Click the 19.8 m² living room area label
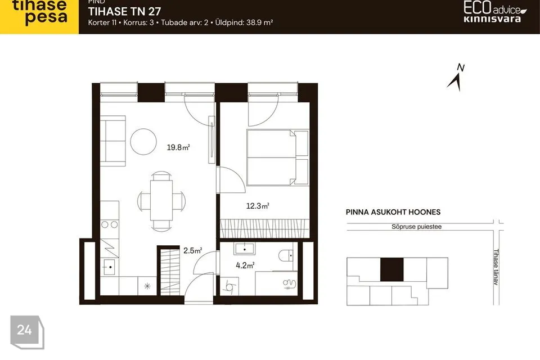tap(178, 147)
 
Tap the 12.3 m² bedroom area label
tap(258, 206)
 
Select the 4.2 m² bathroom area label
tap(245, 265)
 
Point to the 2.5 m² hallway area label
tap(192, 250)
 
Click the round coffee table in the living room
tap(143, 142)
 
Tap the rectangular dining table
tap(161, 200)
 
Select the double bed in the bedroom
tap(277, 157)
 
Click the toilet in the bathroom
tap(286, 255)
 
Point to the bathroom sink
tap(244, 249)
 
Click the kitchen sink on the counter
tap(109, 267)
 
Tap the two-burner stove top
tap(109, 225)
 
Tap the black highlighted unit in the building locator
tap(391, 269)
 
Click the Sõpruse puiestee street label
tap(416, 227)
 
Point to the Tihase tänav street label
tap(496, 267)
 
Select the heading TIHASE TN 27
tap(124, 11)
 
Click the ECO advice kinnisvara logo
tap(494, 11)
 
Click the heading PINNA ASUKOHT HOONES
tap(393, 212)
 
